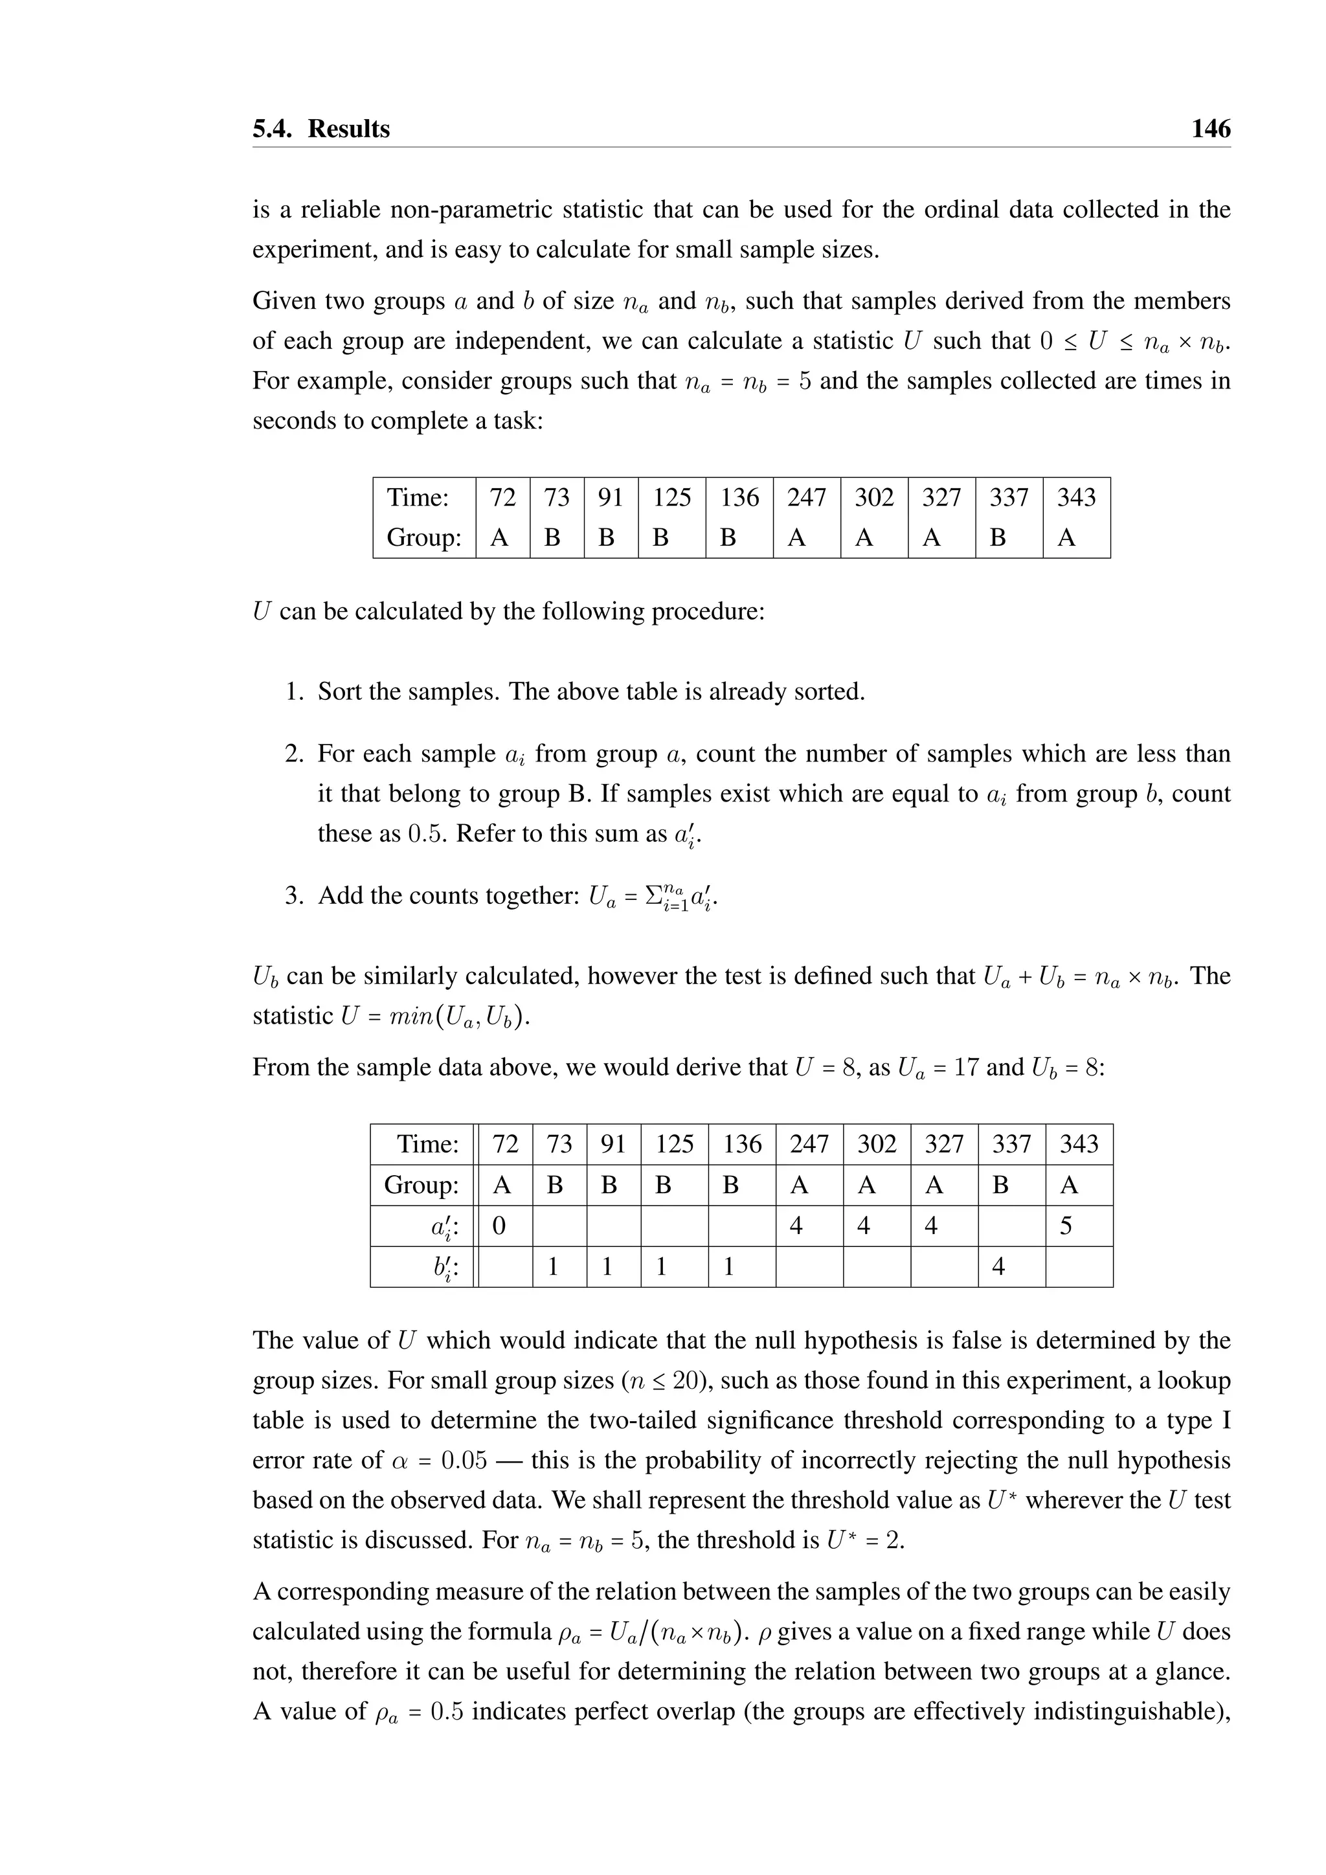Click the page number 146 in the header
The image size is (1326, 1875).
pos(1210,129)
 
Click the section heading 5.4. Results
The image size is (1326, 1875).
pos(321,129)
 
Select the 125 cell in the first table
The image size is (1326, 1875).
pos(671,497)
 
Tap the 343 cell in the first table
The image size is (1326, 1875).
pos(1076,497)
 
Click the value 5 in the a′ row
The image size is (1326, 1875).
pos(1066,1226)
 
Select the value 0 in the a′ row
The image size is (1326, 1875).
pos(499,1226)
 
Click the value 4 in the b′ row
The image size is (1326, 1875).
pos(998,1266)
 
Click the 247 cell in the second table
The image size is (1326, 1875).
pos(808,1144)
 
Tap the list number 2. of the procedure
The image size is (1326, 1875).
pos(295,754)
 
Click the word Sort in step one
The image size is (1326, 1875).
pos(338,691)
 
